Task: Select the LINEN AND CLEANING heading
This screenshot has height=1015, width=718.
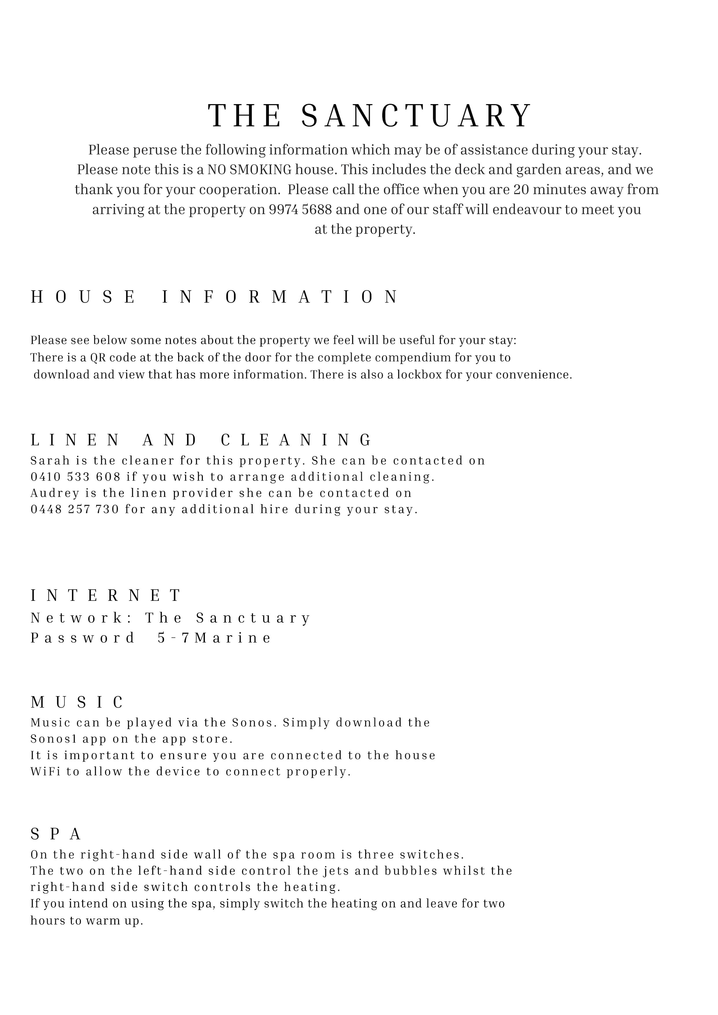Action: click(x=201, y=440)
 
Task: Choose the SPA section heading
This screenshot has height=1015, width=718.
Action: click(x=56, y=834)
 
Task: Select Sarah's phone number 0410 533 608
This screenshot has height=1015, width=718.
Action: click(x=75, y=477)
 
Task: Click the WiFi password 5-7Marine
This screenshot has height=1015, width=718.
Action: click(x=214, y=638)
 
